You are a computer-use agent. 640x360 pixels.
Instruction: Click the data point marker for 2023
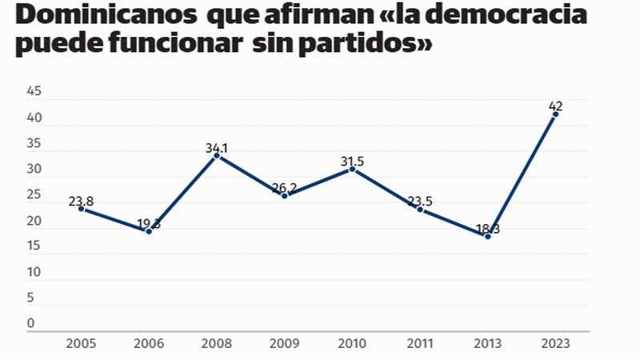click(555, 114)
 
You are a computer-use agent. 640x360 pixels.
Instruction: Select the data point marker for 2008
click(217, 155)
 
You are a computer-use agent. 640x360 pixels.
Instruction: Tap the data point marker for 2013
click(487, 236)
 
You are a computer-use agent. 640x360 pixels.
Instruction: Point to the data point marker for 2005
click(81, 208)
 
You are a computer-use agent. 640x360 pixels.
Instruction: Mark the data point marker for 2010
click(352, 169)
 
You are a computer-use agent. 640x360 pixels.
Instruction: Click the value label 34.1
click(217, 147)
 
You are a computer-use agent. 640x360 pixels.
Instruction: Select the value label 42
click(555, 105)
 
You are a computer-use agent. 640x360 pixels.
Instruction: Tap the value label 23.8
click(81, 201)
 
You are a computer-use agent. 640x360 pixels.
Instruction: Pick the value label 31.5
click(352, 161)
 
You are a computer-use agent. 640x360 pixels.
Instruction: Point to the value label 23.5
click(420, 201)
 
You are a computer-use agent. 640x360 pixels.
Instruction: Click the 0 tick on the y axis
click(30, 323)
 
